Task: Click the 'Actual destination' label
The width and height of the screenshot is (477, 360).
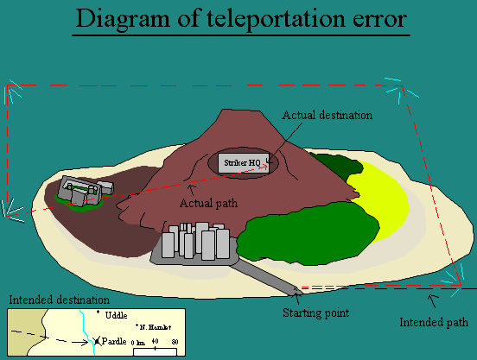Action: (x=328, y=114)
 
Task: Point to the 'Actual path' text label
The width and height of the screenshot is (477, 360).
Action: (x=208, y=203)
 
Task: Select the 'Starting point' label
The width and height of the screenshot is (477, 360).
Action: (x=316, y=313)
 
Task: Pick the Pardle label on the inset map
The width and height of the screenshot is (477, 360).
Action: (x=114, y=342)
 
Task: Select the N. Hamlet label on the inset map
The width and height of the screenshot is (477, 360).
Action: (x=155, y=328)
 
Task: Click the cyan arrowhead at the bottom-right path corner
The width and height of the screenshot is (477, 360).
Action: (x=453, y=275)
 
